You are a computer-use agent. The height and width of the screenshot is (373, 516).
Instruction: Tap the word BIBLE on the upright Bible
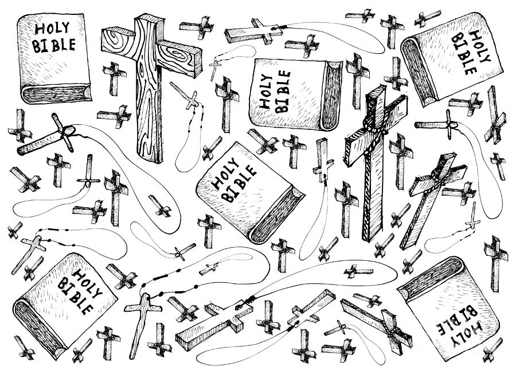[52, 46]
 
